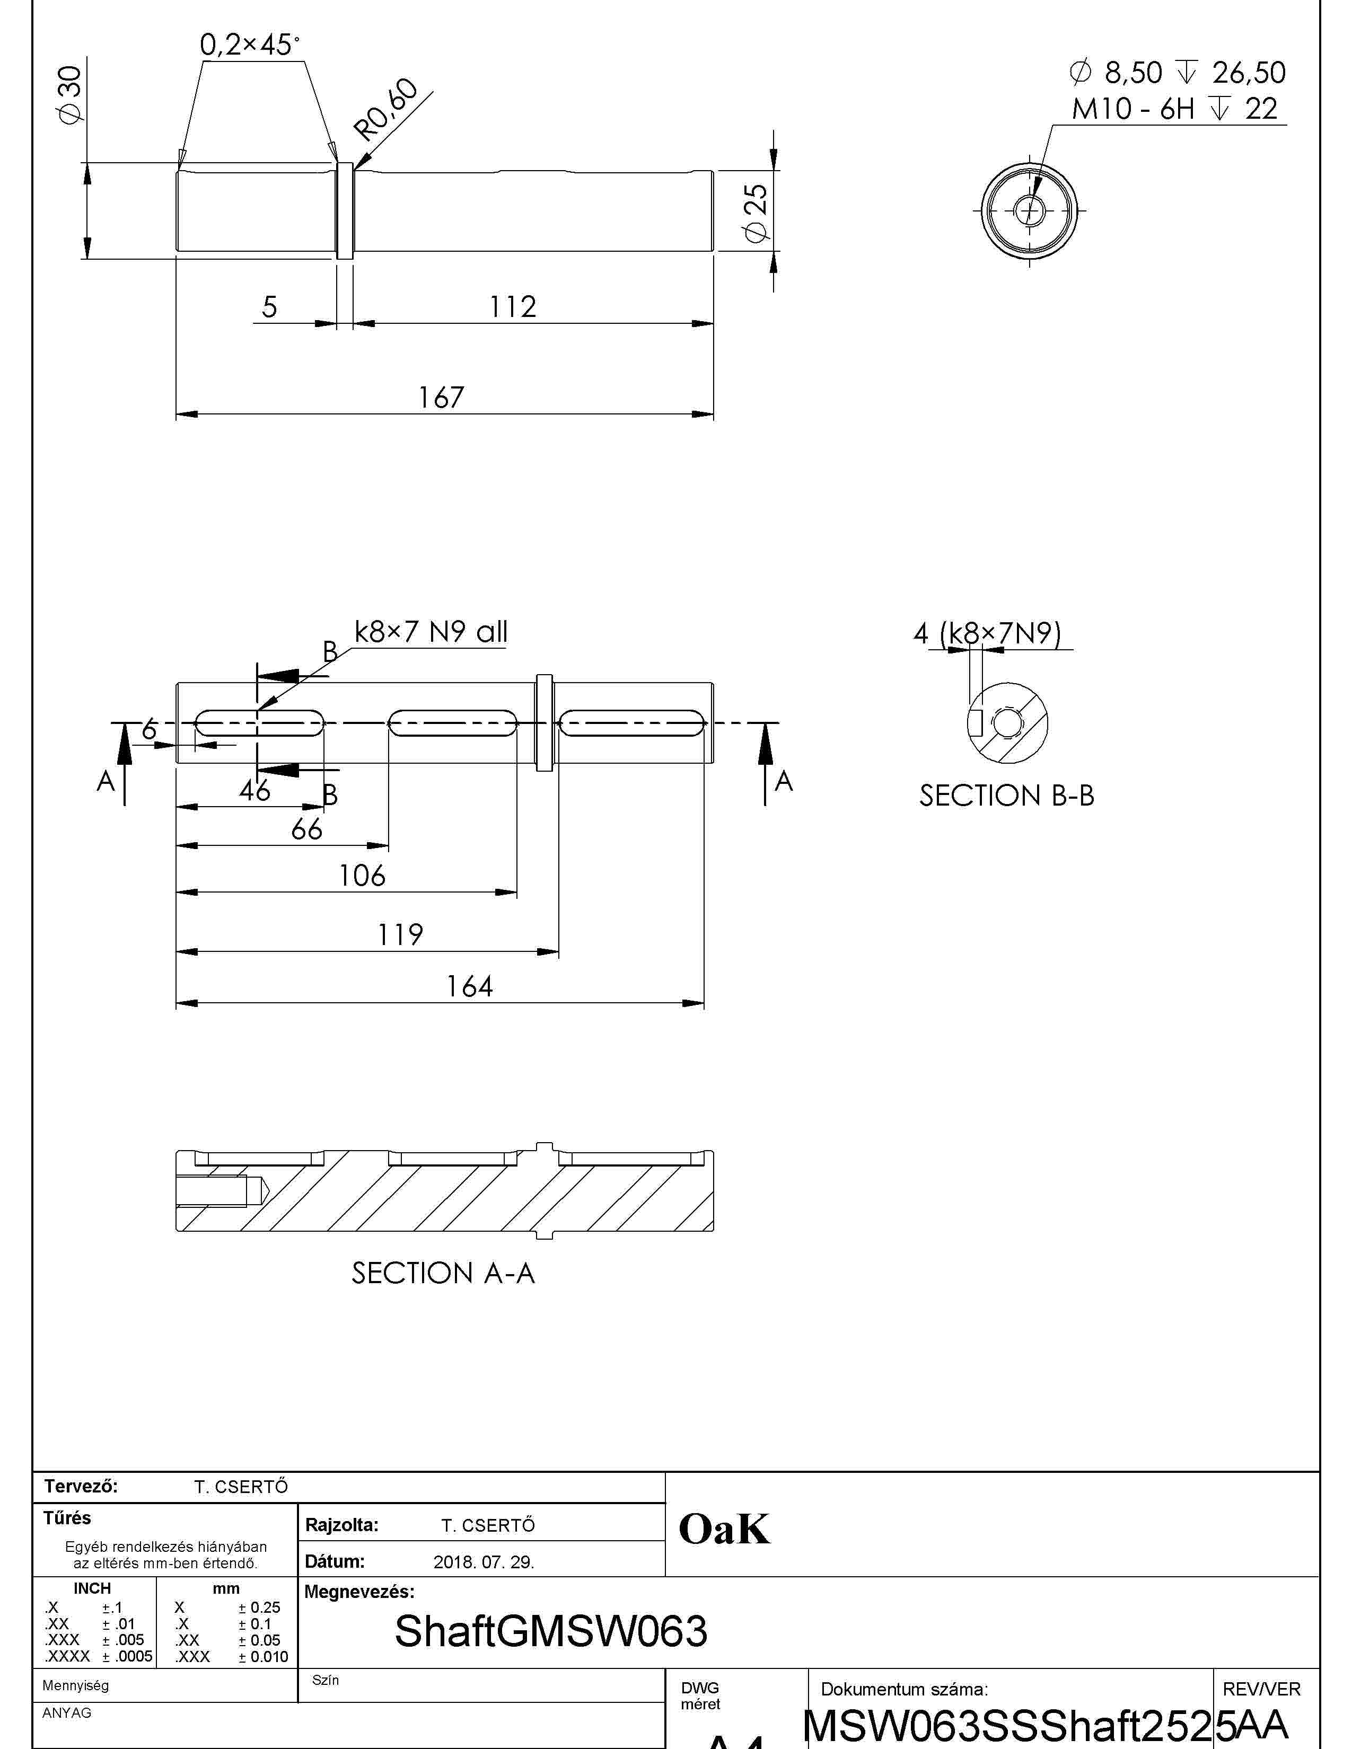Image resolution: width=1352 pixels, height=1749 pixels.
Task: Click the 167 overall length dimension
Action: pos(441,397)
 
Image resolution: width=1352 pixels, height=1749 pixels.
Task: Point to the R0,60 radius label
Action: pos(386,111)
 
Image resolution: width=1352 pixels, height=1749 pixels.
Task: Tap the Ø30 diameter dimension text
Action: pos(71,94)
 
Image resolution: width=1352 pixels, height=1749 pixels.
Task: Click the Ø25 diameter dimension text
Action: pos(756,212)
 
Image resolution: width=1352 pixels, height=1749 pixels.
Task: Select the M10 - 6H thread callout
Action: pos(1175,108)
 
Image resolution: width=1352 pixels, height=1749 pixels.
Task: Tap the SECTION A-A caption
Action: pos(443,1273)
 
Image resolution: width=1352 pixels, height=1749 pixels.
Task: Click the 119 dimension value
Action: pos(400,934)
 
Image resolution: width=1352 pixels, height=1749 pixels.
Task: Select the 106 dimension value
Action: pos(362,876)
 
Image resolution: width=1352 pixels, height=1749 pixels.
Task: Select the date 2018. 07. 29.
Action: pos(484,1561)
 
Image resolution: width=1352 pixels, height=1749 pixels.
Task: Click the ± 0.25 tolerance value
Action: pos(259,1607)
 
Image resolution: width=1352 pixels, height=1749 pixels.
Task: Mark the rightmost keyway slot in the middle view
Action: pos(632,723)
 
